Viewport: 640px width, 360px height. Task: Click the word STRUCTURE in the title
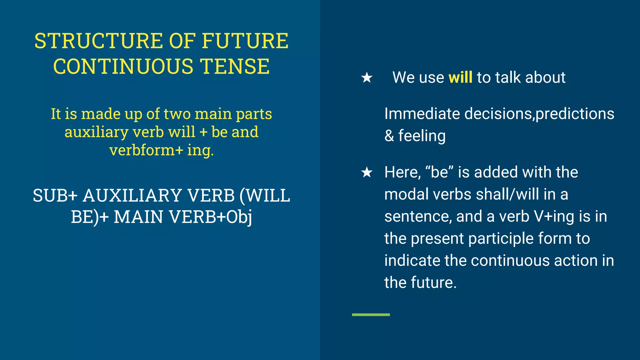click(99, 41)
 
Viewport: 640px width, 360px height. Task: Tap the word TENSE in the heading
click(235, 67)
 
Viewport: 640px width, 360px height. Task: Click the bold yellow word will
click(460, 77)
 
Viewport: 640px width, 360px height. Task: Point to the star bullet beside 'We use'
click(367, 77)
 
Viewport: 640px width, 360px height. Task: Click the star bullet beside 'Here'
click(367, 172)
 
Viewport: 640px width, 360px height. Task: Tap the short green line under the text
click(371, 315)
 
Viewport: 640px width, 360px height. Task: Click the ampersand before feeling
click(389, 136)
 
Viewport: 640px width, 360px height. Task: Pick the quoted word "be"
click(440, 172)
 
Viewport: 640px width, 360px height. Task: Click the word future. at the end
click(433, 282)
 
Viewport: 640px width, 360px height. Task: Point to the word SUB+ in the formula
click(55, 196)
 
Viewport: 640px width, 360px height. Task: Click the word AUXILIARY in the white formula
click(132, 196)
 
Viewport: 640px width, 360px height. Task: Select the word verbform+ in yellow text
click(146, 150)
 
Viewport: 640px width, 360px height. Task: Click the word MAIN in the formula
click(138, 217)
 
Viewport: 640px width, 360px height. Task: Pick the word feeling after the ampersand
click(422, 136)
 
